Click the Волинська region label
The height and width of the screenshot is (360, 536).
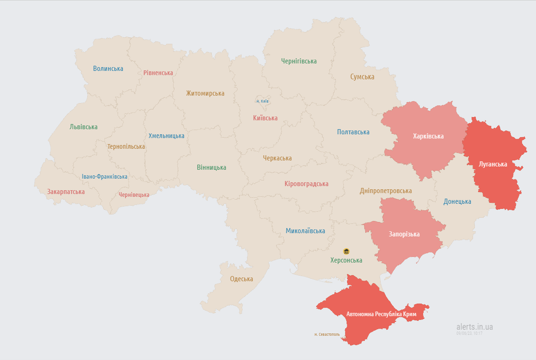pyautogui.click(x=108, y=69)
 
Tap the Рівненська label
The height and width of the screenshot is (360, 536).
pyautogui.click(x=158, y=73)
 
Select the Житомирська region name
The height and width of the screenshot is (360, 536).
pyautogui.click(x=205, y=93)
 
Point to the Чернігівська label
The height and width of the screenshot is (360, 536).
pyautogui.click(x=299, y=61)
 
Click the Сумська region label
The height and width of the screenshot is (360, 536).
pyautogui.click(x=362, y=76)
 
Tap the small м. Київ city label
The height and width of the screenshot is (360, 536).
pyautogui.click(x=262, y=101)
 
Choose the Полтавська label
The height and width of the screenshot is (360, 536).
pyautogui.click(x=353, y=132)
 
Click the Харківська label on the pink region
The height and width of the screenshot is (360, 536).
pyautogui.click(x=428, y=136)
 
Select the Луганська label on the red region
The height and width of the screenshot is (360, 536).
pyautogui.click(x=493, y=164)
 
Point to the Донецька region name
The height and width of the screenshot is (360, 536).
pyautogui.click(x=457, y=201)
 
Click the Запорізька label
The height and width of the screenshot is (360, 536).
pyautogui.click(x=404, y=234)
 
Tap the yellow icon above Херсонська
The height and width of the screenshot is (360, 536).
pyautogui.click(x=346, y=251)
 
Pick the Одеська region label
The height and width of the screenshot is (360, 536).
pyautogui.click(x=242, y=279)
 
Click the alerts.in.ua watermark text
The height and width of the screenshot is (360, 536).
pyautogui.click(x=474, y=326)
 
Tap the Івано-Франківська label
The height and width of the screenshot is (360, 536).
pyautogui.click(x=104, y=177)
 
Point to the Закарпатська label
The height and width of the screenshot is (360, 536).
pyautogui.click(x=66, y=192)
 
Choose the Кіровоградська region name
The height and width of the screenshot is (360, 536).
pyautogui.click(x=306, y=184)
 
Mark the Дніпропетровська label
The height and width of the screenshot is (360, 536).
pyautogui.click(x=386, y=191)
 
